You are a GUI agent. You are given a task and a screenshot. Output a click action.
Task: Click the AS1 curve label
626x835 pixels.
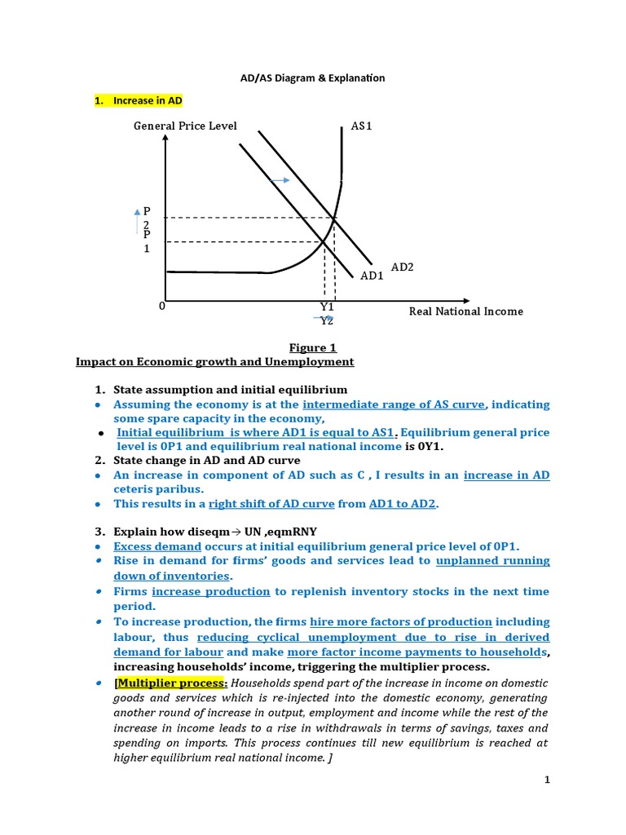point(361,126)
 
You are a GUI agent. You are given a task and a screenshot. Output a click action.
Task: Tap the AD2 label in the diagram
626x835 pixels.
point(403,267)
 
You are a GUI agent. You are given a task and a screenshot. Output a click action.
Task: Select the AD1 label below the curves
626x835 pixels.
point(372,276)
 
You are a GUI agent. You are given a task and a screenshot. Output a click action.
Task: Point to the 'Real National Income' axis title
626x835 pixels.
point(465,311)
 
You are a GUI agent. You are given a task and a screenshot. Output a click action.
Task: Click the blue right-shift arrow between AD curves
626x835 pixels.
point(280,179)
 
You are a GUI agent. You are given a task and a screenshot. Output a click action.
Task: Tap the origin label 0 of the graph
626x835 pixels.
point(162,306)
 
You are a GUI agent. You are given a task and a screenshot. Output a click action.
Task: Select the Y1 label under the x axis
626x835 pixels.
point(327,307)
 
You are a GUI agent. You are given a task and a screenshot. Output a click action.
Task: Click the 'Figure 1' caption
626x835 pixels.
point(313,347)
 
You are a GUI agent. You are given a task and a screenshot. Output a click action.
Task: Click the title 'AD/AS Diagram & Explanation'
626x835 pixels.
point(312,78)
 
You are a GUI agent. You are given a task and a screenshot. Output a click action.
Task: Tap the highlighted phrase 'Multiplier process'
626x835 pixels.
point(158,683)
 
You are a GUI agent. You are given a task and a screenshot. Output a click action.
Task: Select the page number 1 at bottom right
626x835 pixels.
point(549,780)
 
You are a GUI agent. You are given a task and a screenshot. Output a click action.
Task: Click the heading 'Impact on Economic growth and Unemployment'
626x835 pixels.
point(214,361)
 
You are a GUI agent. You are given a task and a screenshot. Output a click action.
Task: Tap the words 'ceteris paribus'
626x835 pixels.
point(152,488)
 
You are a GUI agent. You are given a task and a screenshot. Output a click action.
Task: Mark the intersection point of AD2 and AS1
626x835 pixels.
point(334,218)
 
